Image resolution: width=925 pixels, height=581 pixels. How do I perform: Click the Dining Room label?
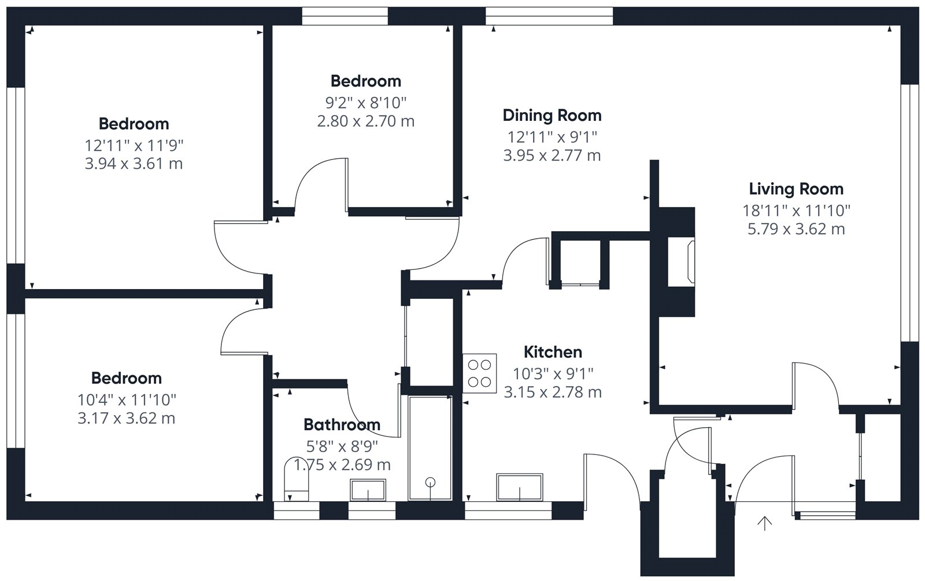[552, 116]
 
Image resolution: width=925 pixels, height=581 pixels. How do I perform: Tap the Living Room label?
[796, 189]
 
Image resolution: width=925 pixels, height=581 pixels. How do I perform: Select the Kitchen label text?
[553, 352]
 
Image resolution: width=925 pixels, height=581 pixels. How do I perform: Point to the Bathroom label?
[342, 424]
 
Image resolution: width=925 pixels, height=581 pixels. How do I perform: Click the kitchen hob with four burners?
[479, 373]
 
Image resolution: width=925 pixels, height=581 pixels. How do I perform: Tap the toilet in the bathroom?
[297, 479]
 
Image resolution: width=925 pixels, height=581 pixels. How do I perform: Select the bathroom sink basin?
[368, 490]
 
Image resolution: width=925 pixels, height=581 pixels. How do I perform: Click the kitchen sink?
[520, 487]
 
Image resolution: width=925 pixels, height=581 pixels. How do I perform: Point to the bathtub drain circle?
[430, 482]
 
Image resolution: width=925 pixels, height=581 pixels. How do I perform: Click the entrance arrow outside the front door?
[765, 523]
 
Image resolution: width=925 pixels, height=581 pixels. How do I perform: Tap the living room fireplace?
[681, 262]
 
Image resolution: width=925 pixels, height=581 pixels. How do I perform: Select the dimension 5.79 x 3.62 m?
[796, 229]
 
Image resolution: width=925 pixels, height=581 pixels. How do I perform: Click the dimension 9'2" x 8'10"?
[366, 103]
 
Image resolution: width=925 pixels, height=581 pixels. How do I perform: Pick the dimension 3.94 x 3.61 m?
[134, 164]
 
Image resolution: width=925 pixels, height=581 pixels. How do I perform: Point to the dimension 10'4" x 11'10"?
[127, 399]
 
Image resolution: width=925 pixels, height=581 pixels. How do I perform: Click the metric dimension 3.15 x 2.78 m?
[553, 392]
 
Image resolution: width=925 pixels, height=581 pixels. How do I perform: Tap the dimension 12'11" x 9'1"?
[552, 137]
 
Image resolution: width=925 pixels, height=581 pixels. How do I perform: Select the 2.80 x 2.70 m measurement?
[366, 121]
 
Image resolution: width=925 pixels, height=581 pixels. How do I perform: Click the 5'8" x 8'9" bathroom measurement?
[342, 446]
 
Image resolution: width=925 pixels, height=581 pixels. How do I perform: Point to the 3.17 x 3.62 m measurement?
[127, 419]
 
